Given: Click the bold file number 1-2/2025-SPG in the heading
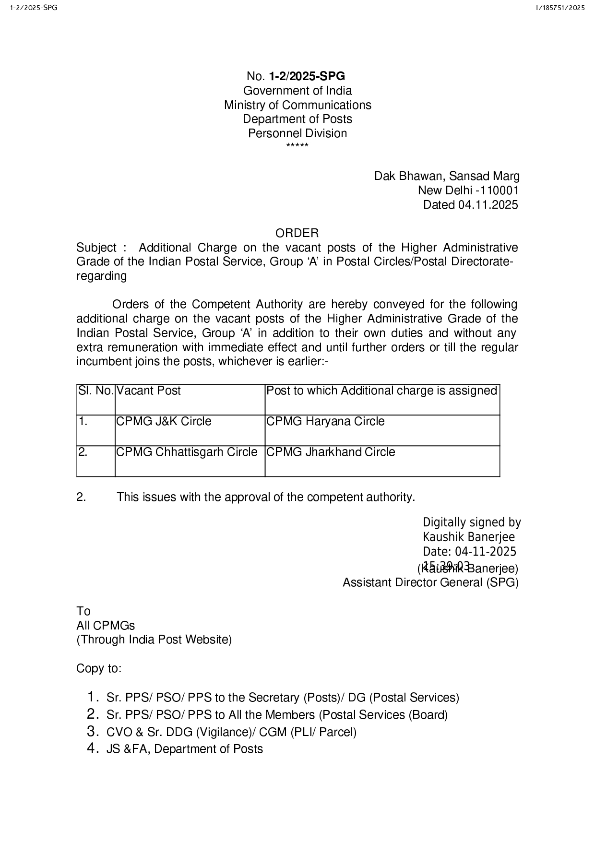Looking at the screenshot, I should (x=307, y=76).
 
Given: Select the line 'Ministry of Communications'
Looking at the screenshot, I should (x=297, y=105).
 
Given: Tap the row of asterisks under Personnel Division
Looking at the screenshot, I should (x=297, y=145).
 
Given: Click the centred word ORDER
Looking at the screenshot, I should (x=297, y=233).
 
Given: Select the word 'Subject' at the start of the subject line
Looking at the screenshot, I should (x=96, y=248).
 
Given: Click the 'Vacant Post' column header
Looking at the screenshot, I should (x=149, y=391).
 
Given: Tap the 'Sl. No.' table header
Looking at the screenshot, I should (x=95, y=391).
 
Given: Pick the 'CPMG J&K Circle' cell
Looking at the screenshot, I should (x=164, y=421).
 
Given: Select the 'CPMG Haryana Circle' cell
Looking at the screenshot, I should (x=325, y=421).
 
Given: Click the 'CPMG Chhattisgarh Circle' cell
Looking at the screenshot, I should (x=187, y=452).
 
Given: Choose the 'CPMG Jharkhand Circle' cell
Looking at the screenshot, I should (x=331, y=452).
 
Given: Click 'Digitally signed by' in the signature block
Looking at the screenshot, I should (x=472, y=522).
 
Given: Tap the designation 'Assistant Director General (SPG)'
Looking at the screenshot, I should (x=430, y=582).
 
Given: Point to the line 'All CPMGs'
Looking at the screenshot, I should (x=106, y=626).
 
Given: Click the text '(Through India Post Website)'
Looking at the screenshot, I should (x=154, y=640).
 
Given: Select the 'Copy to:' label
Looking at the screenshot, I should (x=99, y=668).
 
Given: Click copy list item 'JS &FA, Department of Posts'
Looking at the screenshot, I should (x=185, y=749).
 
